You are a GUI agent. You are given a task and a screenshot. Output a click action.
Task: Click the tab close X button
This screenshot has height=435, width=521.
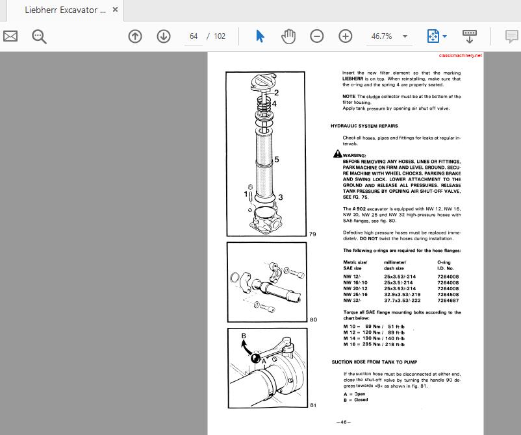pos(116,10)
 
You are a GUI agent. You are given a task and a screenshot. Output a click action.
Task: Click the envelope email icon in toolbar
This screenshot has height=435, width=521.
pos(10,36)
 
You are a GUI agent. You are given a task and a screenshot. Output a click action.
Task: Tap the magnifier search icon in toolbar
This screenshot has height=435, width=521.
pos(39,36)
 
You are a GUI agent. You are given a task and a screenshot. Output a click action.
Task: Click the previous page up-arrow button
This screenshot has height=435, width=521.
pos(135,36)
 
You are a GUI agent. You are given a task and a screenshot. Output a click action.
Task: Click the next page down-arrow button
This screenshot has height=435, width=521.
pos(164,36)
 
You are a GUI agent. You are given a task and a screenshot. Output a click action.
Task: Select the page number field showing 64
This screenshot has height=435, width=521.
pos(194,36)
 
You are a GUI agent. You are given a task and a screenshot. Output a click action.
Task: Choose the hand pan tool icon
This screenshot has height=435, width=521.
pos(288,36)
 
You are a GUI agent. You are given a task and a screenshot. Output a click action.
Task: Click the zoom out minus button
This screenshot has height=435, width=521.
pos(317,36)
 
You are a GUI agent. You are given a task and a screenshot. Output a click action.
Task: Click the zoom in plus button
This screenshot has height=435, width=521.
pos(346,36)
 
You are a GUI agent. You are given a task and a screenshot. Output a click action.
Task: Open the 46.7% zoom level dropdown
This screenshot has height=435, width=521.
pos(405,36)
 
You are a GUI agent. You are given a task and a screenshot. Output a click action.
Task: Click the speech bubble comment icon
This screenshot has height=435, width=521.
pos(512,36)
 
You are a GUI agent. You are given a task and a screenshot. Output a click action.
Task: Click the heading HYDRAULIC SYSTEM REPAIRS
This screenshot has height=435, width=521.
pos(364,126)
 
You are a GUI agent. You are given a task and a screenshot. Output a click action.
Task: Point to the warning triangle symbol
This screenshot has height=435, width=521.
pos(337,154)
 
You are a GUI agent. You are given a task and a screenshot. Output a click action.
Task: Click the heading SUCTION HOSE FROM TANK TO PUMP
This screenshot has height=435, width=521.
pos(374,362)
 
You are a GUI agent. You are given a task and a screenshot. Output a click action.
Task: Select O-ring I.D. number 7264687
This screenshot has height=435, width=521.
pos(448,301)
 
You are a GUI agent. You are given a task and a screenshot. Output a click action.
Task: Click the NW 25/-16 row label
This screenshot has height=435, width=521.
pos(355,295)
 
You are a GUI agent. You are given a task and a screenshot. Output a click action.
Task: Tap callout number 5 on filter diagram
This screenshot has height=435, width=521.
pos(277,159)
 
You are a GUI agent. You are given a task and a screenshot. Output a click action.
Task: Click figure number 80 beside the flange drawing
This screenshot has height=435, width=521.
pos(313,319)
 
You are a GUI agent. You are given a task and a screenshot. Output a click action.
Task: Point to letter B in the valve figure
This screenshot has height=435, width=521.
pos(244,336)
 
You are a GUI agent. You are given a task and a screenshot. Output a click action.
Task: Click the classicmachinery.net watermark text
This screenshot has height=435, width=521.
pos(461,56)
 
